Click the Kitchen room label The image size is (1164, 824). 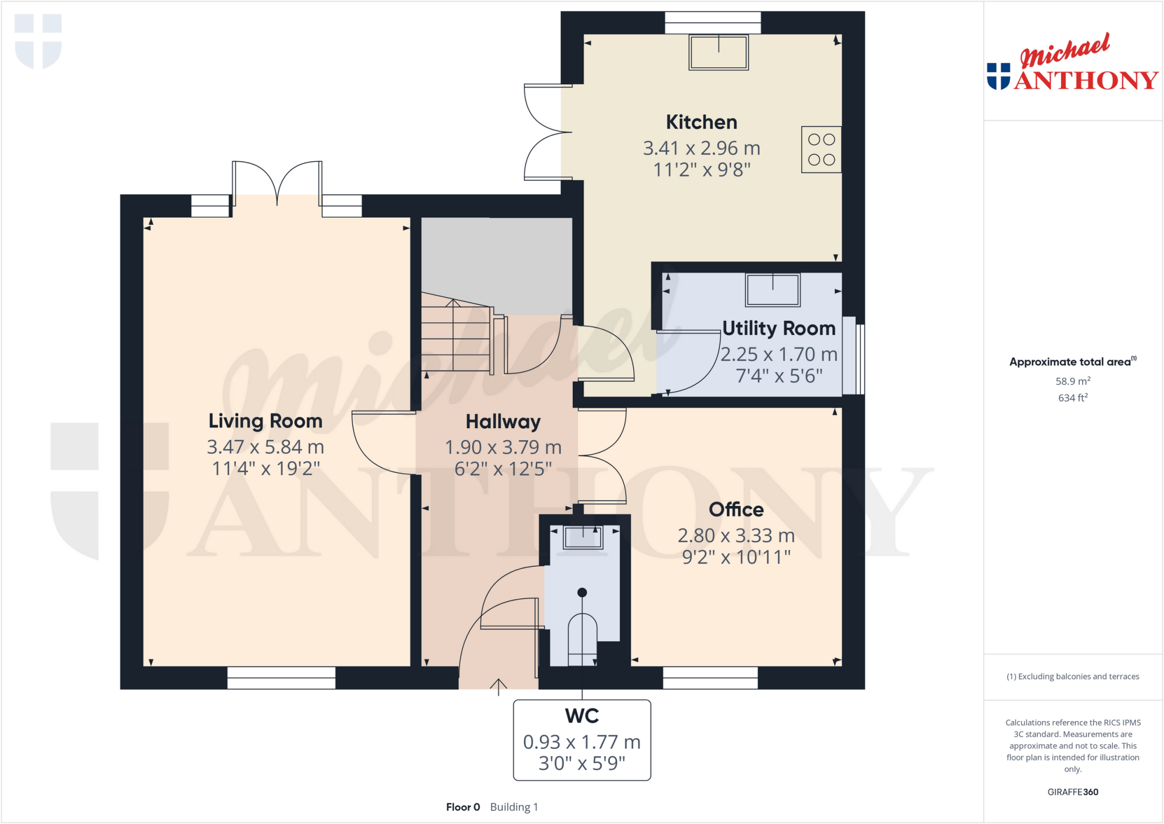click(x=701, y=122)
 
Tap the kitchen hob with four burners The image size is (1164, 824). click(x=821, y=150)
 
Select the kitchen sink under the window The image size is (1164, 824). click(x=718, y=52)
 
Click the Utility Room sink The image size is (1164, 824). click(x=772, y=289)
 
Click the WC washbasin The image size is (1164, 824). click(x=583, y=537)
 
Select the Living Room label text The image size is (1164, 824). click(x=265, y=421)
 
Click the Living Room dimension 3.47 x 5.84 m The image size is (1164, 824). click(x=265, y=447)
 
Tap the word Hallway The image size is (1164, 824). click(x=503, y=421)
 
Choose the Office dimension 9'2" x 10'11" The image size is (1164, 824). click(x=736, y=557)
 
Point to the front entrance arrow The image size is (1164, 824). click(x=498, y=686)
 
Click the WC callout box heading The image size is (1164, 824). click(x=582, y=716)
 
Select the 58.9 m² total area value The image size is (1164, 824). click(x=1072, y=381)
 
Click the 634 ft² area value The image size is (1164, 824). click(x=1072, y=397)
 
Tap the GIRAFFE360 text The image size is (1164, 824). click(x=1072, y=792)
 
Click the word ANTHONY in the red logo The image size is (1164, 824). click(x=1086, y=81)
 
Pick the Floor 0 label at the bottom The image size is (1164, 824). click(x=463, y=807)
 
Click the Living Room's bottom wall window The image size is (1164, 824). click(x=281, y=678)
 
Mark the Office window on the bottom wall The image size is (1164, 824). click(x=710, y=678)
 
